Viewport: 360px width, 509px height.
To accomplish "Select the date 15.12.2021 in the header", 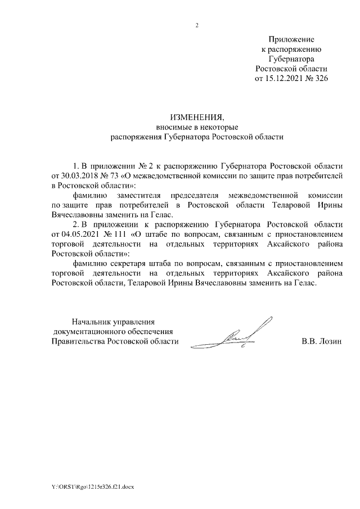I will (284, 78).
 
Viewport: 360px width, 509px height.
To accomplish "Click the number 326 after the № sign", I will (321, 78).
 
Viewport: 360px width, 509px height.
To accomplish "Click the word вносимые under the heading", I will (172, 127).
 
